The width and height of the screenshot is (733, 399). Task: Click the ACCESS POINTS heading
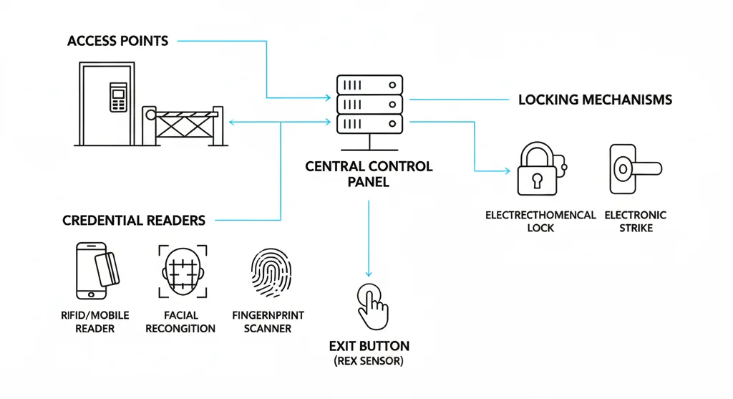click(118, 40)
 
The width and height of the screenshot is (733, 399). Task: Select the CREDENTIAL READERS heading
click(134, 220)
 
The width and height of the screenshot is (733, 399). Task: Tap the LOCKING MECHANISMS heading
click(595, 100)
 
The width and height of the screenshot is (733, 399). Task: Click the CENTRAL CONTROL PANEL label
click(369, 174)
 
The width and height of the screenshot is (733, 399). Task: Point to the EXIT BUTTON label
click(369, 345)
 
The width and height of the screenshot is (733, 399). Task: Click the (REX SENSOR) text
click(369, 362)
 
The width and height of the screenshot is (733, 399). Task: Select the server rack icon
click(369, 105)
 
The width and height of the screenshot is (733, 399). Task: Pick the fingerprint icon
click(272, 274)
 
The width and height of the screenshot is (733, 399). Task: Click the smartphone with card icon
click(97, 271)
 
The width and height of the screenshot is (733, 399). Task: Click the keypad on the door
click(115, 97)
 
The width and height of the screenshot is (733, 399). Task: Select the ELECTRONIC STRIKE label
click(635, 221)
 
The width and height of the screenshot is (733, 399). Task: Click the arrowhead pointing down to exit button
click(369, 273)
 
